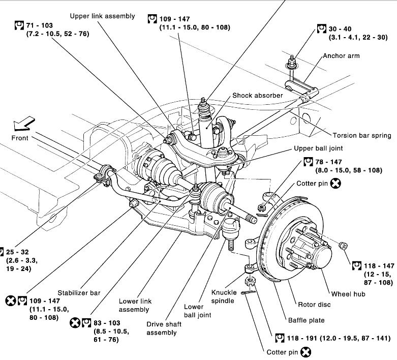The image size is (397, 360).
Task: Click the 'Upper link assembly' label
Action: [x=102, y=16]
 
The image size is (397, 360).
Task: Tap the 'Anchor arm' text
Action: [x=341, y=55]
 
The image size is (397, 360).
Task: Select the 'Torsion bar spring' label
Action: [x=362, y=136]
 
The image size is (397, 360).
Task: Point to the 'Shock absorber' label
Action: [x=257, y=95]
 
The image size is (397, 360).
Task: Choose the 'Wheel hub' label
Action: [x=348, y=294]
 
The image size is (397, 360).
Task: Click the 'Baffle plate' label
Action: [x=306, y=320]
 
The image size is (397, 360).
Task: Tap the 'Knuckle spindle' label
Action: [x=223, y=297]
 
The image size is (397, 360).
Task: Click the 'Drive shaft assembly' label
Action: [x=162, y=328]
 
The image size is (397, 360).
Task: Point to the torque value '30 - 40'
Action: [x=340, y=29]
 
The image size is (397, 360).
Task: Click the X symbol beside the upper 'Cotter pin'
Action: [x=335, y=184]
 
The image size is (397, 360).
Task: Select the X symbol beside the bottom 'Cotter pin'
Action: [x=306, y=351]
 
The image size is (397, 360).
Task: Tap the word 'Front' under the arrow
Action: [x=20, y=138]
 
